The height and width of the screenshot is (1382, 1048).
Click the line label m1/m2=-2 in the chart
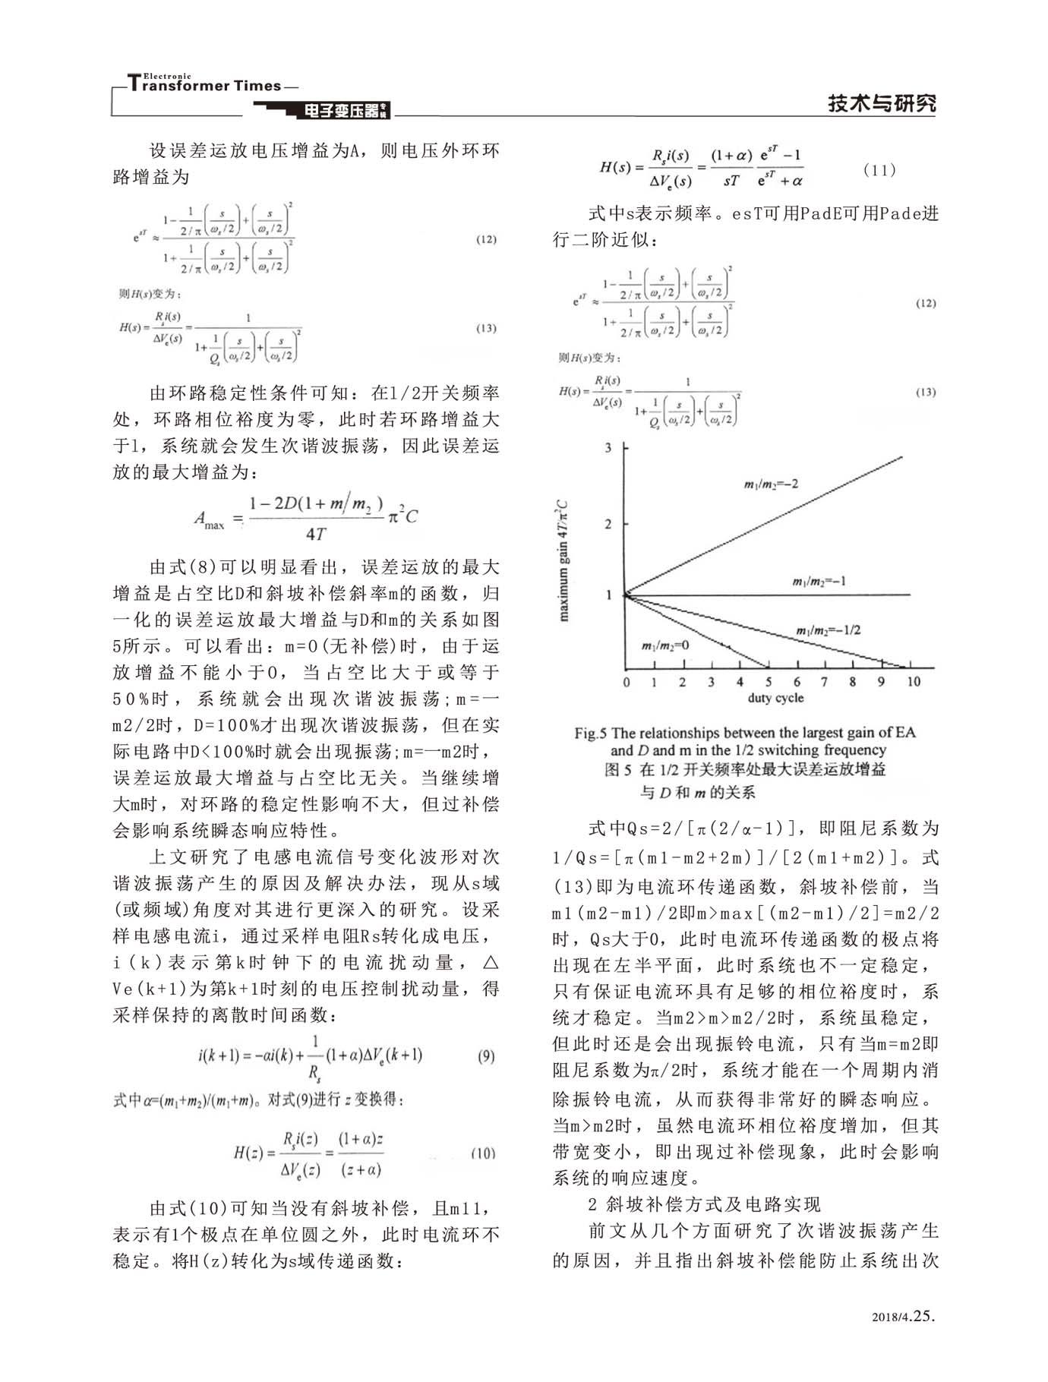point(771,484)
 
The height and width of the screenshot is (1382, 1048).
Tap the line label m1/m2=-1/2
point(827,630)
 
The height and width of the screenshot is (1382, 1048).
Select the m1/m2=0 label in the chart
point(664,645)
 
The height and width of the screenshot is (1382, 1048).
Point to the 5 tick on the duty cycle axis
point(768,682)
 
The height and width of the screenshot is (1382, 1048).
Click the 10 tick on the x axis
point(913,682)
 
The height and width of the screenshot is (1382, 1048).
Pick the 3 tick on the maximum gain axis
point(608,448)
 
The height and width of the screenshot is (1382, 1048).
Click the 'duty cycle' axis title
point(775,698)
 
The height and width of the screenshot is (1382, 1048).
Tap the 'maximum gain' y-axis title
point(563,560)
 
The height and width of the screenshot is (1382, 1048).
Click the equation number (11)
point(879,170)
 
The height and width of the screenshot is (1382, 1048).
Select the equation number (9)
point(487,1055)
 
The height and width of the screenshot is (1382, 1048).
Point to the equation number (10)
point(483,1153)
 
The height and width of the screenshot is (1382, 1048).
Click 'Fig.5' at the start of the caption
point(590,733)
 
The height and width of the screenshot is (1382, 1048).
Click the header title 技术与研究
point(882,103)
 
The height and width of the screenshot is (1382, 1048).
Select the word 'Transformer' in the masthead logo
point(176,86)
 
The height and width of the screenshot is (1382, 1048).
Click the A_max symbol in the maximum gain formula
point(209,520)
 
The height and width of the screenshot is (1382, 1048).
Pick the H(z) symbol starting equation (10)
point(248,1153)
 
